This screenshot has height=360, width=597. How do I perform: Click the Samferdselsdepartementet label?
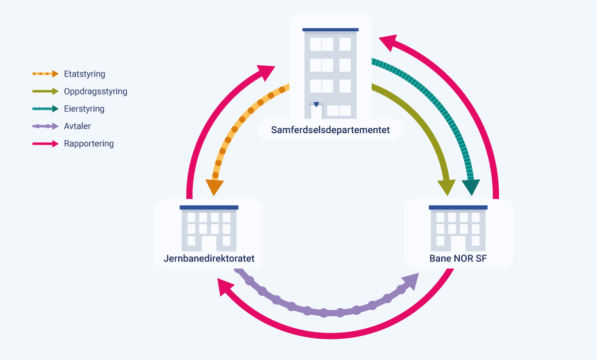point(330,130)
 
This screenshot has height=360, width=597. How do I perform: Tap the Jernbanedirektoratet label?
point(209,259)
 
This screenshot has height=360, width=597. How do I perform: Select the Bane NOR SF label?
point(458,259)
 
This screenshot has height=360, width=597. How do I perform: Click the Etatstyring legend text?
point(85,74)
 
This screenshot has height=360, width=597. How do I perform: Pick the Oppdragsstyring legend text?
point(96,91)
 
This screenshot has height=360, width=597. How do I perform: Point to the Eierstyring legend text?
point(84,109)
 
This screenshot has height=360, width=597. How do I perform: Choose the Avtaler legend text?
point(77,126)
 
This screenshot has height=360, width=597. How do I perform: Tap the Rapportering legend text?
point(89,144)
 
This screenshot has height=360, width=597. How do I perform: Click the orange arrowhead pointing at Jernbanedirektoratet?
point(214,187)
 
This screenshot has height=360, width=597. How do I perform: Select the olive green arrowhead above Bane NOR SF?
point(446,187)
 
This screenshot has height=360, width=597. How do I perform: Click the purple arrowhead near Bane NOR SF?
point(411,281)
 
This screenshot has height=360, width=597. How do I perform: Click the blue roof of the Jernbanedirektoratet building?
point(209,207)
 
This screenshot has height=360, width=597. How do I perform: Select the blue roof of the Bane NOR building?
point(458,207)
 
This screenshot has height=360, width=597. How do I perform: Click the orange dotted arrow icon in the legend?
point(45,74)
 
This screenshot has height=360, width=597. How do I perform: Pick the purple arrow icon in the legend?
point(45,126)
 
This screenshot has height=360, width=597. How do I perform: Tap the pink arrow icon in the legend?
point(45,144)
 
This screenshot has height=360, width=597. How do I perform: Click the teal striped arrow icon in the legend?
point(45,109)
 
